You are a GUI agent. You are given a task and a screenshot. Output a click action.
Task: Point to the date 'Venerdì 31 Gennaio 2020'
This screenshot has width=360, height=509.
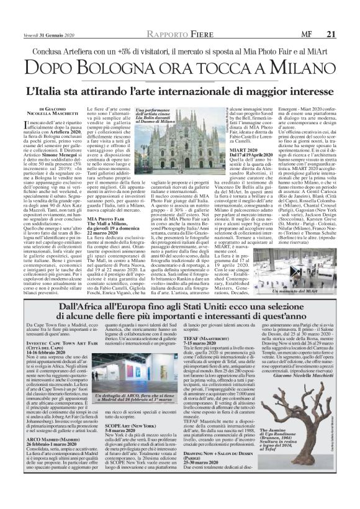coord(41,7)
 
